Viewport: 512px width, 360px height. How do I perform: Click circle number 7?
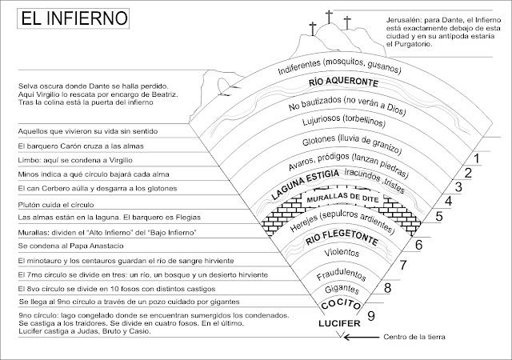[404, 265]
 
